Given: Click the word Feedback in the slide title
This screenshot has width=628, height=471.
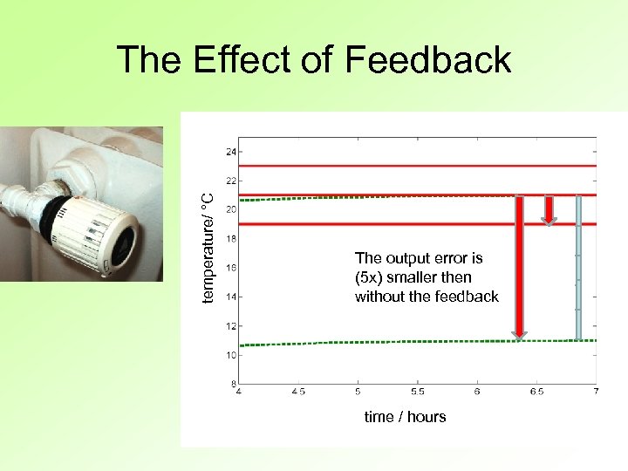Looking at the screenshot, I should pos(427,59).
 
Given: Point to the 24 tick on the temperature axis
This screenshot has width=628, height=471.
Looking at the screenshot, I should pos(231,152).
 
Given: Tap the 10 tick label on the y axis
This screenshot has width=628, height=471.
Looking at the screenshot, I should pos(231,355).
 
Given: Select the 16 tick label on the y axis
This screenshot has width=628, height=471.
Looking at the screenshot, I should pos(231,268).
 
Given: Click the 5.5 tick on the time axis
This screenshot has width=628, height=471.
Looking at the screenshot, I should pos(418,392).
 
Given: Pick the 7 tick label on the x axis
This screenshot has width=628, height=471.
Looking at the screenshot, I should pos(596,392).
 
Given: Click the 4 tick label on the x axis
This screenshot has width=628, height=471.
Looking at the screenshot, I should pos(239,392).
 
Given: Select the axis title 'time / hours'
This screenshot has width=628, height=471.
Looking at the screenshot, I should pos(405,417).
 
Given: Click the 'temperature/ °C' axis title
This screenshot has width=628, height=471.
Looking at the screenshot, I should pos(208,246).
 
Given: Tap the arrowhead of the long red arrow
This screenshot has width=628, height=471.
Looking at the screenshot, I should pos(519,331).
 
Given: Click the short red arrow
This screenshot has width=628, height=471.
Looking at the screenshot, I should pos(549,210).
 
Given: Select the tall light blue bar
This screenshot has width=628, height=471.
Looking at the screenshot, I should pos(577,267).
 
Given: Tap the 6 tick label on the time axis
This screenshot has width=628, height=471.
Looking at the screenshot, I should pos(477,392).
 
